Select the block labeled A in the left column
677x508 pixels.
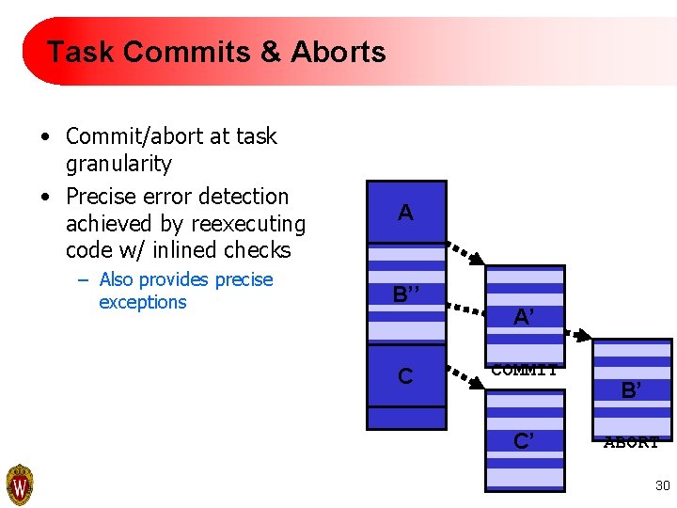(x=405, y=213)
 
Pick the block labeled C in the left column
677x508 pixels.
(x=405, y=376)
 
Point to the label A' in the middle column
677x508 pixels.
(x=525, y=318)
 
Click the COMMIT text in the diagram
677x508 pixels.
(x=525, y=370)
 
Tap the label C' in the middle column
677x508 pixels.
(x=525, y=440)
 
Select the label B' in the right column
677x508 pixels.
(x=632, y=389)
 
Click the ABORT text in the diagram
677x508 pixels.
(x=631, y=442)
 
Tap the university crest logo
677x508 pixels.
(x=20, y=485)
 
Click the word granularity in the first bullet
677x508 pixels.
(x=118, y=164)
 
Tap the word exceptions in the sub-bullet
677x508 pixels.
(x=142, y=302)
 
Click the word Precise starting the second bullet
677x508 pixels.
(x=100, y=197)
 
